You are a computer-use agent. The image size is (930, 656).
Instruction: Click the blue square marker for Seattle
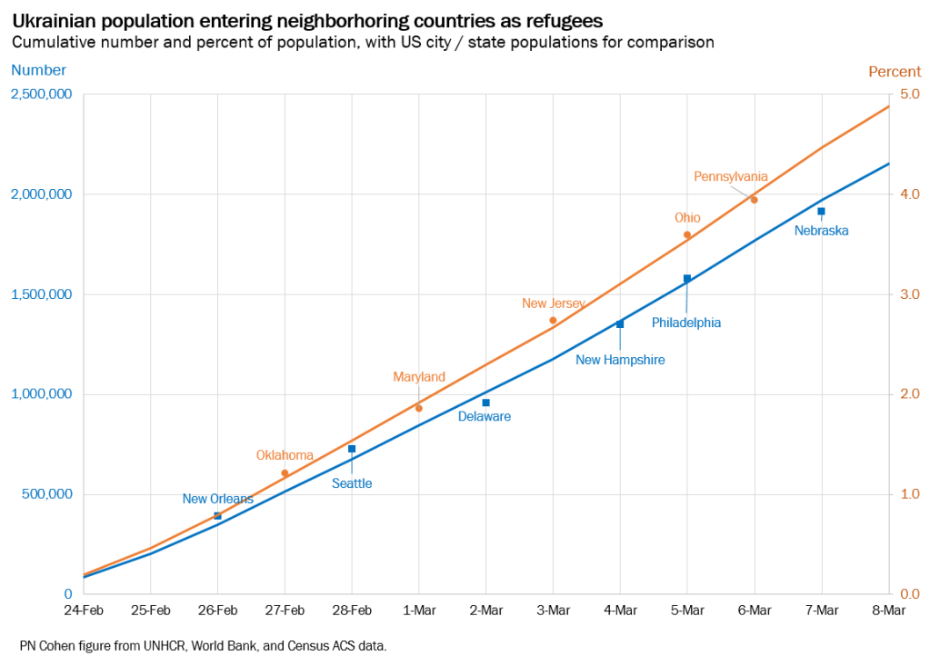click(x=352, y=449)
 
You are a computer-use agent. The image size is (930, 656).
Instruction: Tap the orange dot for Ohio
click(x=687, y=234)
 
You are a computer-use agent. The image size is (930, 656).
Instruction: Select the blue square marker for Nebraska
click(x=821, y=211)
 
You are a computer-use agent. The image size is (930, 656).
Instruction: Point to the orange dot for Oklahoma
click(x=285, y=472)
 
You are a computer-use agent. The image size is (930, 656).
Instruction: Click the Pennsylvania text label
click(x=731, y=176)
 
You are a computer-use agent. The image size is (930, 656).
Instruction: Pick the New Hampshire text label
click(x=620, y=360)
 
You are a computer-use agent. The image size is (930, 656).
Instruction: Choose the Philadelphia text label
click(x=686, y=323)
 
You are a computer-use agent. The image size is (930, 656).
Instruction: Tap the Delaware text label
click(x=484, y=416)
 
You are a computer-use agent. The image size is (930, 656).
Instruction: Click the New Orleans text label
click(x=218, y=499)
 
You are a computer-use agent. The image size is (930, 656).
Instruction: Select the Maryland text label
click(x=419, y=376)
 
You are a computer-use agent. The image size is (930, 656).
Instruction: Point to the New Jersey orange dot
click(x=553, y=320)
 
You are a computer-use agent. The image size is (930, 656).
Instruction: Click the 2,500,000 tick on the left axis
click(x=42, y=94)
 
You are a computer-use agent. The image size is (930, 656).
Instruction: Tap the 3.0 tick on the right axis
click(x=910, y=294)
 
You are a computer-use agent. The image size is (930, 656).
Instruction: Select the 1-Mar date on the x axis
click(x=419, y=610)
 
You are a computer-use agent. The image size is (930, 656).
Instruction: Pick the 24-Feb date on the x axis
click(x=84, y=610)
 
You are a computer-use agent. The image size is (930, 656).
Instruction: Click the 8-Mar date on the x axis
click(x=888, y=610)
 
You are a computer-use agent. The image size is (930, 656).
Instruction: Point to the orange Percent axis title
click(x=895, y=71)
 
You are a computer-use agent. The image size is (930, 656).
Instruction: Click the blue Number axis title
click(x=37, y=70)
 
